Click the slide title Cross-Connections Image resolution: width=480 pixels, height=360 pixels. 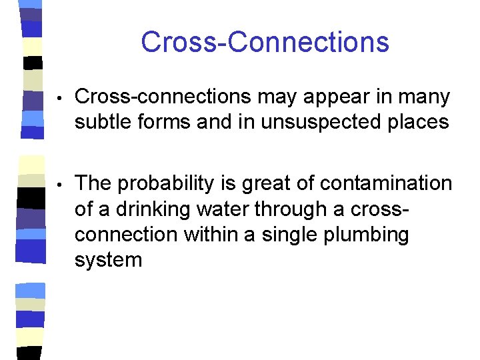click(x=265, y=41)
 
